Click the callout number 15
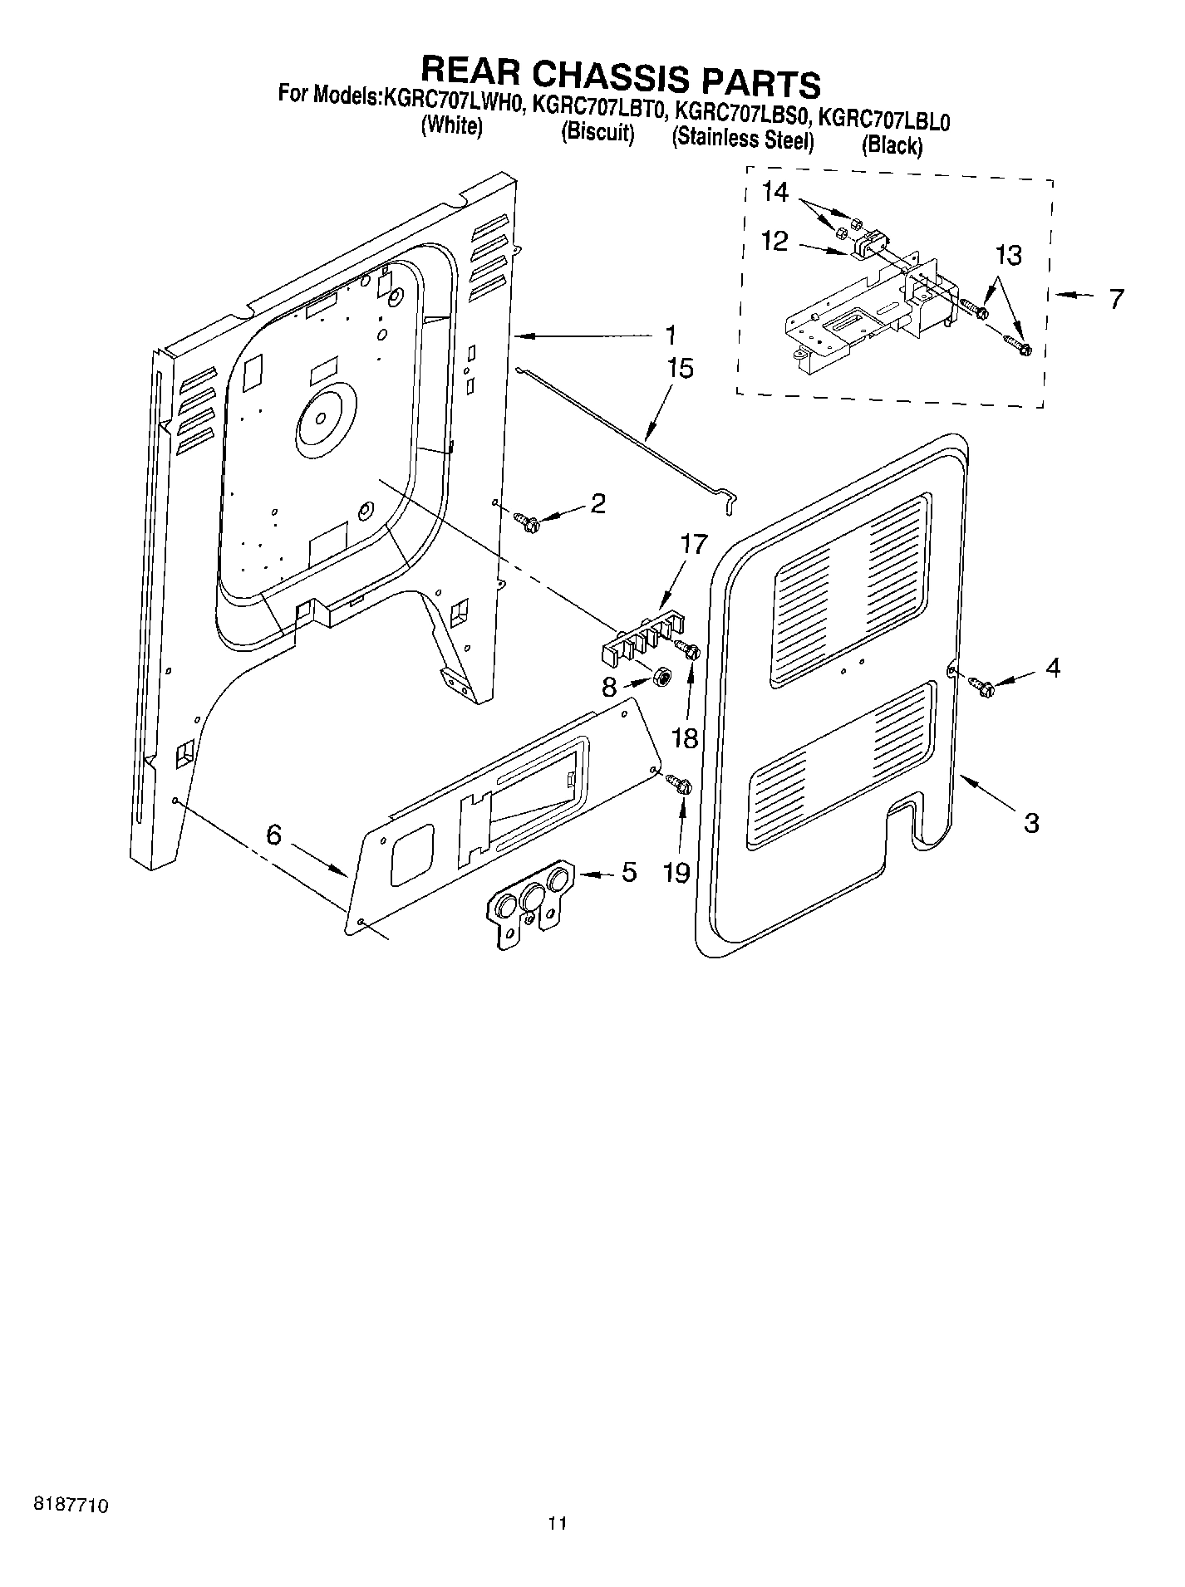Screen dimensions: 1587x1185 680,368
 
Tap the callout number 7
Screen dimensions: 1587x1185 1117,298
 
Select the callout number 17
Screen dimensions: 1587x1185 693,545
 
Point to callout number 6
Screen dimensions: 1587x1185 274,835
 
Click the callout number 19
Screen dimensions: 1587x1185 678,872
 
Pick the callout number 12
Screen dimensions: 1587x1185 774,241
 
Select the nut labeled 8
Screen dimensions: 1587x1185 663,677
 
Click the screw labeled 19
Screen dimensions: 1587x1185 681,783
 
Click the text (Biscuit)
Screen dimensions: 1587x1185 597,132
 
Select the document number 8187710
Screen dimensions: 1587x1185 71,1504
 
